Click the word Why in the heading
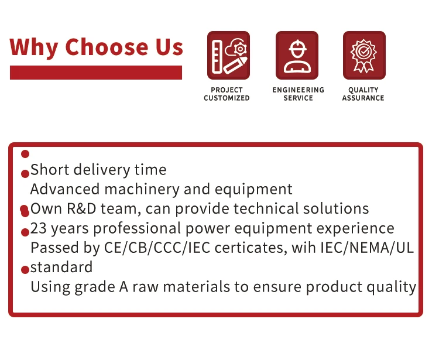click(34, 47)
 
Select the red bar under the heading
click(96, 73)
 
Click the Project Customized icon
click(228, 55)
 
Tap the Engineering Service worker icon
click(297, 55)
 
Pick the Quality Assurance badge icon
click(364, 55)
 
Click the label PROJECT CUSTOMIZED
click(227, 94)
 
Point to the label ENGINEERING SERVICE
click(298, 94)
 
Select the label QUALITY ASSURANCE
click(363, 94)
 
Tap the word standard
click(61, 267)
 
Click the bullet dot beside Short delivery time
click(25, 173)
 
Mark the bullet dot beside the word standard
click(25, 270)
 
